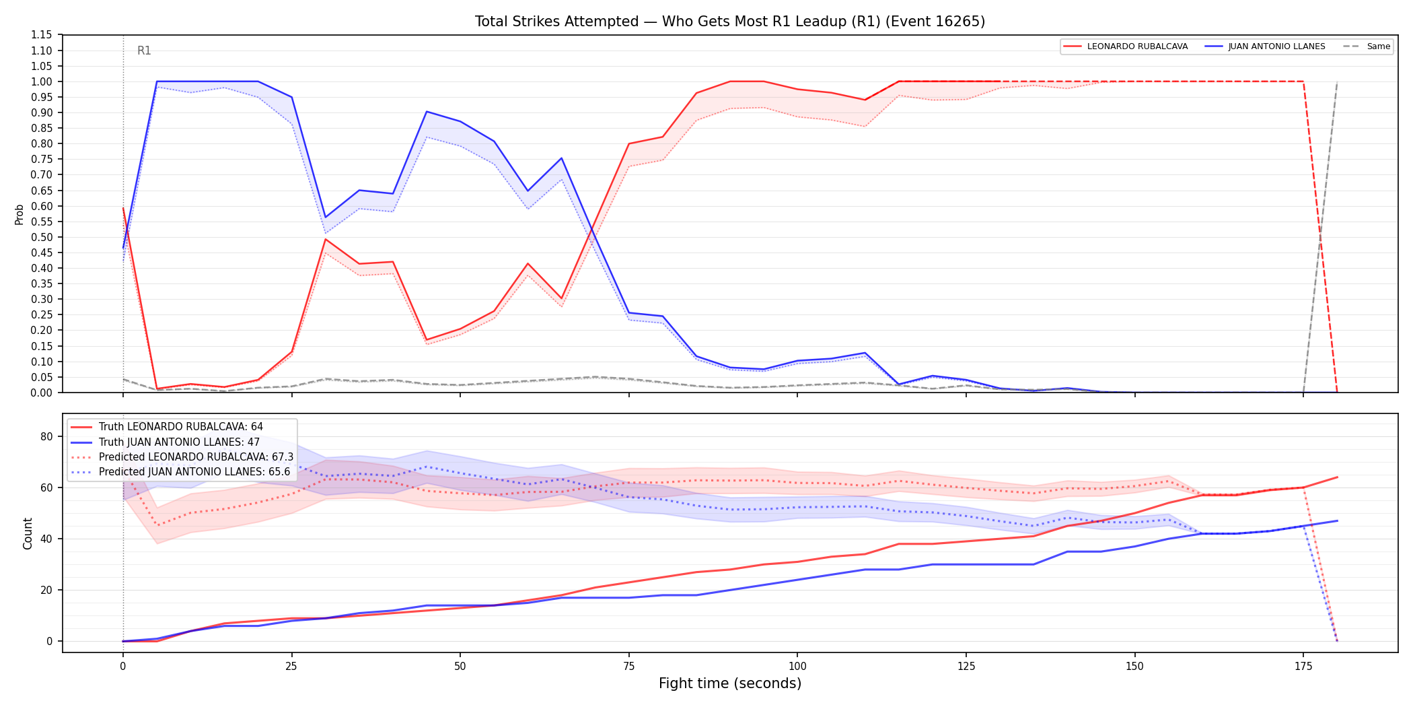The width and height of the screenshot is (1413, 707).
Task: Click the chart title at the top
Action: [730, 22]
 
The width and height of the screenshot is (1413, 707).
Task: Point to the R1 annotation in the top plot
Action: [144, 50]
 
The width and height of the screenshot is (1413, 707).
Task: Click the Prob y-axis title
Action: [20, 214]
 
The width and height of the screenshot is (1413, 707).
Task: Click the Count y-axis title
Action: [28, 533]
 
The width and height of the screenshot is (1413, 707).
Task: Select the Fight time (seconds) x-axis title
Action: [730, 683]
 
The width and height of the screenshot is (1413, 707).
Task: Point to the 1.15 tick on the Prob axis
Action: [41, 35]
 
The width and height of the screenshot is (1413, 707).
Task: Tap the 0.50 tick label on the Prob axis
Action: [41, 237]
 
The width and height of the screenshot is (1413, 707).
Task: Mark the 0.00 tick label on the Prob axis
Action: [41, 393]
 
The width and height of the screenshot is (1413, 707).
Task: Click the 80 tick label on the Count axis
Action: [46, 436]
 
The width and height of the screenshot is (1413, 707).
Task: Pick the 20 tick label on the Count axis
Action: [46, 590]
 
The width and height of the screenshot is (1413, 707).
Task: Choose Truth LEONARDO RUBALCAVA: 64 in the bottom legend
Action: [181, 427]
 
